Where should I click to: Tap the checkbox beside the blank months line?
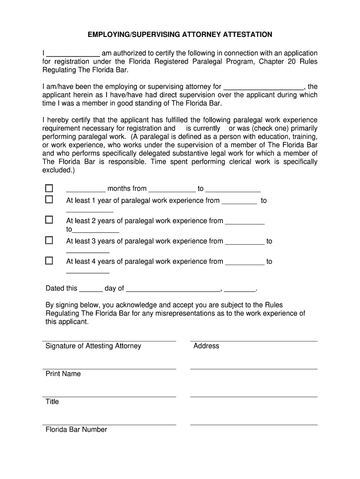click(49, 188)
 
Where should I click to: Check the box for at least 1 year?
click(49, 199)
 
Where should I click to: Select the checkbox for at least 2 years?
click(49, 219)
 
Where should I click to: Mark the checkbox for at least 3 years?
click(49, 240)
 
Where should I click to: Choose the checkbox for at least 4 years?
click(49, 261)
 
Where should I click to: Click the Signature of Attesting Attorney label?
click(93, 346)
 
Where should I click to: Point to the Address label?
click(206, 346)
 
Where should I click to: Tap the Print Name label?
click(63, 374)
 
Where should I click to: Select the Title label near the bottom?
click(52, 401)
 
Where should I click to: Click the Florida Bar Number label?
click(76, 429)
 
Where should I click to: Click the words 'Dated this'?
click(61, 288)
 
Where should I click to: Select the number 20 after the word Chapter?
click(289, 61)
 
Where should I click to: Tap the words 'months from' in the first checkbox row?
click(127, 189)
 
